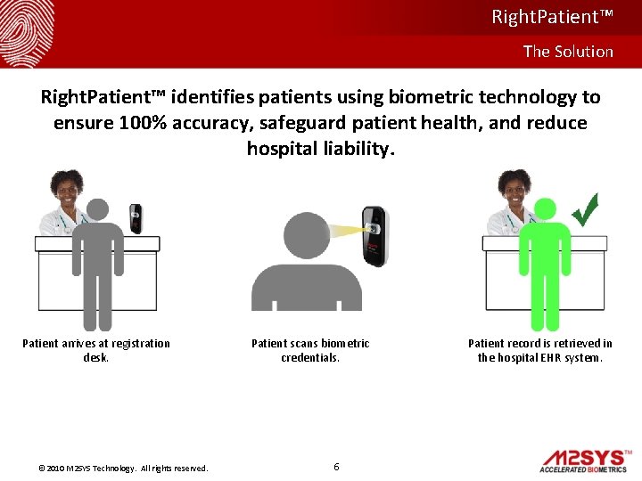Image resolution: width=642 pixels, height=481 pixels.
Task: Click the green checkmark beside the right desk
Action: tap(585, 209)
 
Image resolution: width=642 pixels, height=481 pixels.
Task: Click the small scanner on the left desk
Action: tap(136, 216)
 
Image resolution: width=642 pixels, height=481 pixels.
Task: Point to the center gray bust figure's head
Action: tap(306, 234)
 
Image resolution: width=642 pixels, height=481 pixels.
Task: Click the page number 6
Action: tap(335, 467)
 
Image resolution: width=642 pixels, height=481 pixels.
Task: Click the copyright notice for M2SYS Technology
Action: tap(123, 469)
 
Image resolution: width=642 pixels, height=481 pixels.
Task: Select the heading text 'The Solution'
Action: tap(568, 52)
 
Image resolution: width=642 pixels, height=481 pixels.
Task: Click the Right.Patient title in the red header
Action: tap(552, 17)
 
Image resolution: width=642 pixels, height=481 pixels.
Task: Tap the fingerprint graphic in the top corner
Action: tap(27, 30)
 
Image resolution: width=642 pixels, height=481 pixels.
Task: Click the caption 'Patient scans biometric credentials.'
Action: tap(310, 350)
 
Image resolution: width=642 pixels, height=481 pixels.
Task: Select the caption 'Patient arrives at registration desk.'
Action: tap(96, 350)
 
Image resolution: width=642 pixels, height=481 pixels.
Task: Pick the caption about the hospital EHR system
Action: tap(540, 350)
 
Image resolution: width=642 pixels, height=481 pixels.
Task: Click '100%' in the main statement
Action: tap(144, 122)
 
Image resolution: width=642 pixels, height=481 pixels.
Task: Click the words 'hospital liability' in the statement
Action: tap(319, 148)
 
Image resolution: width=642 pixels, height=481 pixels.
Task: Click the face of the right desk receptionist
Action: tap(514, 187)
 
